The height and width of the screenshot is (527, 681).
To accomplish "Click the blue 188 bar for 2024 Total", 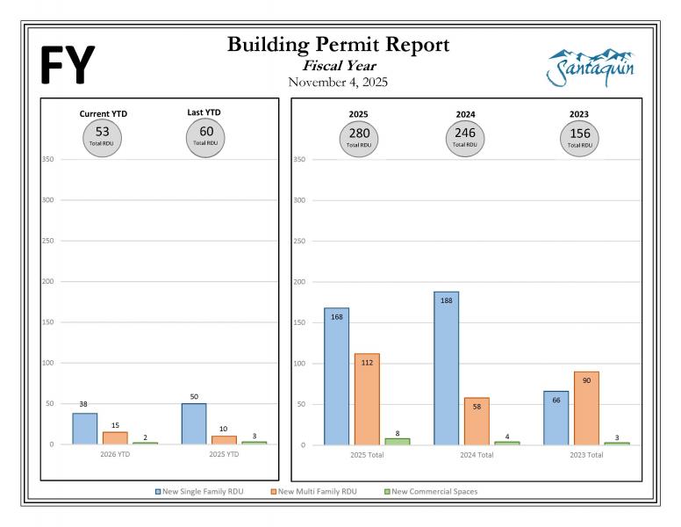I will coord(446,368).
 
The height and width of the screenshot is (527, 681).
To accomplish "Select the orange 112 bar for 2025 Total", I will coord(367,399).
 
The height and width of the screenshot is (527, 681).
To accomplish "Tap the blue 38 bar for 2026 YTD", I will coord(85,429).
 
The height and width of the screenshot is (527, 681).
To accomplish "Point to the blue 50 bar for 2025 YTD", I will coord(194,423).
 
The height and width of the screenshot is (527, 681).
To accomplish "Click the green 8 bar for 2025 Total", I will coord(398,441).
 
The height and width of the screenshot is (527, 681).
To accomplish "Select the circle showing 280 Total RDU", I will coord(358,137).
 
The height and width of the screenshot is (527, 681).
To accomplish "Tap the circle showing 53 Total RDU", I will coord(103,136).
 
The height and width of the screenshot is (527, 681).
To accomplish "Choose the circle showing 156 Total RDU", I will coord(579,137).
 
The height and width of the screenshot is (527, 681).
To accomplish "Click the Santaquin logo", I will coord(591,67).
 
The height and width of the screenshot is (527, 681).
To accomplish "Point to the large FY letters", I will coord(68,66).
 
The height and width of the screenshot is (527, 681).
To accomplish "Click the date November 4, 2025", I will coord(338,83).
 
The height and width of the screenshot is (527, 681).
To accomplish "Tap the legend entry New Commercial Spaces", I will coord(434,491).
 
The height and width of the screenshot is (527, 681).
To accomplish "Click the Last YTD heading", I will coord(205,113).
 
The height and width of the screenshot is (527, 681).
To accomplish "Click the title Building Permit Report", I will coord(338,45).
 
